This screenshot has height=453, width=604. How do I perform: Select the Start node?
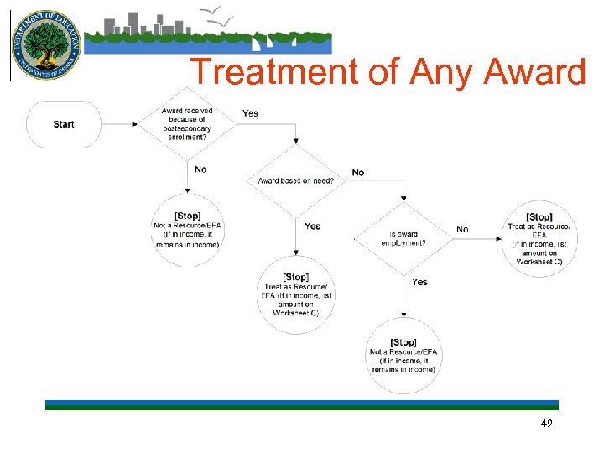click(64, 124)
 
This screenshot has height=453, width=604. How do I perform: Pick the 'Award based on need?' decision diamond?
click(295, 180)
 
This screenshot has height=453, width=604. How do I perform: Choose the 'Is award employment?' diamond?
click(403, 237)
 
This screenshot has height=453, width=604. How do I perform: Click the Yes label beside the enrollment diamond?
click(250, 113)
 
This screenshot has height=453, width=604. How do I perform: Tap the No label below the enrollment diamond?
click(200, 169)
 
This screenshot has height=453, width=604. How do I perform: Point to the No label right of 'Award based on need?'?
click(358, 173)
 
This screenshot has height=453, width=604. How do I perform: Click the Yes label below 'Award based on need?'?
click(312, 226)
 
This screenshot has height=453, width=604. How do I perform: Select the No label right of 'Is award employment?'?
click(462, 229)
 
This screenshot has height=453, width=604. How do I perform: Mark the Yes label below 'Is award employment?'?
click(419, 282)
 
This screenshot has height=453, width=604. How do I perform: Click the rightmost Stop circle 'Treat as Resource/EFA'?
click(539, 238)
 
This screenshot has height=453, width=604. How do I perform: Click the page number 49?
click(546, 424)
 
